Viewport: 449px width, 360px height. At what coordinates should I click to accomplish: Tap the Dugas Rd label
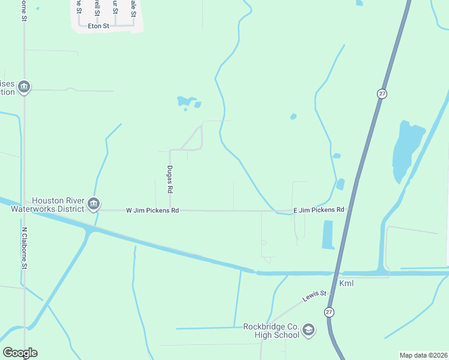[170, 179]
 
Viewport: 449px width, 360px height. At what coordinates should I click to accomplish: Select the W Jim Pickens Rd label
[152, 211]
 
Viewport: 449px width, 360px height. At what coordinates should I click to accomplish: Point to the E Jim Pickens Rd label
[318, 210]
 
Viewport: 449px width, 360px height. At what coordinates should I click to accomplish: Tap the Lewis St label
[314, 294]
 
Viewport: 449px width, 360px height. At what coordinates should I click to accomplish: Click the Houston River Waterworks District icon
[94, 205]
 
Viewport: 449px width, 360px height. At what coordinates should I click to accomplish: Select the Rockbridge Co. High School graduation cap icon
[309, 329]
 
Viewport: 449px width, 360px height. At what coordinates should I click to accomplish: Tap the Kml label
[346, 283]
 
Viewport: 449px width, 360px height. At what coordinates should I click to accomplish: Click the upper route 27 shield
[382, 94]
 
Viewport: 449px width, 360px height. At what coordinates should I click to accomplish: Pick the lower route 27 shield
[329, 312]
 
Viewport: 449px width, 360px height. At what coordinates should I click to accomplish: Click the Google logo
[20, 353]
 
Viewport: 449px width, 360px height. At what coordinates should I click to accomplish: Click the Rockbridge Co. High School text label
[271, 331]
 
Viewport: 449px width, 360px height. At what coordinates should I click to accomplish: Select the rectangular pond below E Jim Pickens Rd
[328, 235]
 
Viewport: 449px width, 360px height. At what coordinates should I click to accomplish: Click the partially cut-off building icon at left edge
[23, 88]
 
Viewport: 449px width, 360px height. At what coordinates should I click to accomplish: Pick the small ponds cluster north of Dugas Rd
[187, 103]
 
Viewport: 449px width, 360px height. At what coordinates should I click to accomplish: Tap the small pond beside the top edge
[359, 3]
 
